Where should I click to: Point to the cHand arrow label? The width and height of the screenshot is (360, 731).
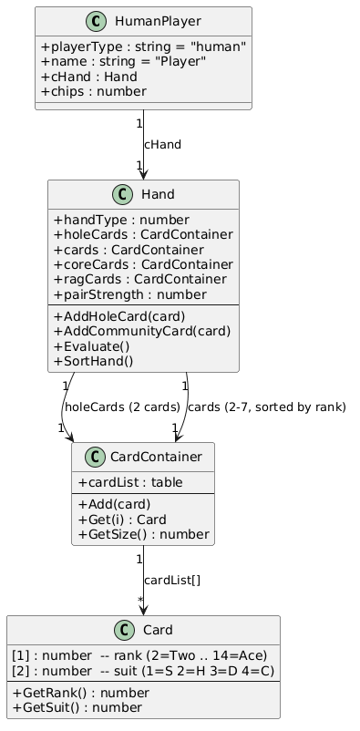[162, 145]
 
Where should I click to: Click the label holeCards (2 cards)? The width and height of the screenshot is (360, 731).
[122, 407]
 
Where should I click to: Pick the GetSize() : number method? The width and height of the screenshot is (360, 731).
[143, 534]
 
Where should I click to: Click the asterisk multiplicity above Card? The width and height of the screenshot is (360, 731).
[139, 599]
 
